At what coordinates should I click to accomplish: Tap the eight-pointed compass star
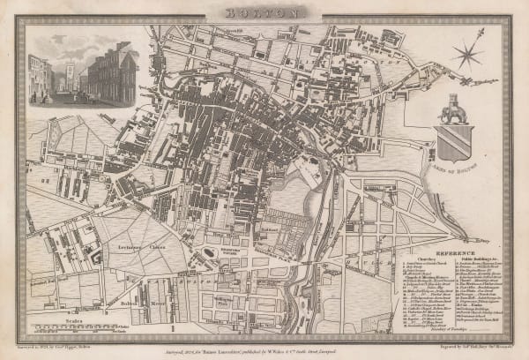tap(467, 54)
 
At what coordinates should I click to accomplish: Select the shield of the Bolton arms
tap(455, 141)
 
